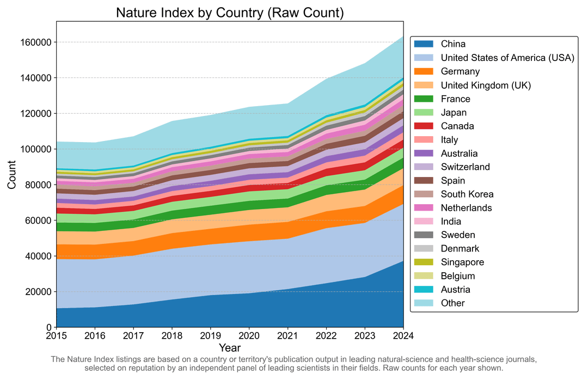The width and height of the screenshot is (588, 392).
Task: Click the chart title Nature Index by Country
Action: pyautogui.click(x=230, y=13)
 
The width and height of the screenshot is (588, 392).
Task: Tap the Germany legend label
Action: pyautogui.click(x=460, y=71)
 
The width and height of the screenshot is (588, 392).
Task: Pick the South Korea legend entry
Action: pyautogui.click(x=466, y=194)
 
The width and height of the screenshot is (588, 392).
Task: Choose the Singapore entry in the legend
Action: pyautogui.click(x=462, y=262)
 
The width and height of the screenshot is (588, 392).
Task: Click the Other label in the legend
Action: pyautogui.click(x=453, y=303)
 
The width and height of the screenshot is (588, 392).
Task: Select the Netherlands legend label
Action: pyautogui.click(x=466, y=207)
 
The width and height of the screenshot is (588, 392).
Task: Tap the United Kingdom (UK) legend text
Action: pyautogui.click(x=486, y=85)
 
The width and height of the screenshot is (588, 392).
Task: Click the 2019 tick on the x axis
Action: pyautogui.click(x=211, y=335)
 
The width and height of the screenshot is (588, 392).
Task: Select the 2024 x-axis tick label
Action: pyautogui.click(x=403, y=335)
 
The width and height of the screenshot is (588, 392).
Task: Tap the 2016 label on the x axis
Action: pyautogui.click(x=95, y=335)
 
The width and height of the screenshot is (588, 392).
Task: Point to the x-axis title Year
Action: pyautogui.click(x=230, y=347)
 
